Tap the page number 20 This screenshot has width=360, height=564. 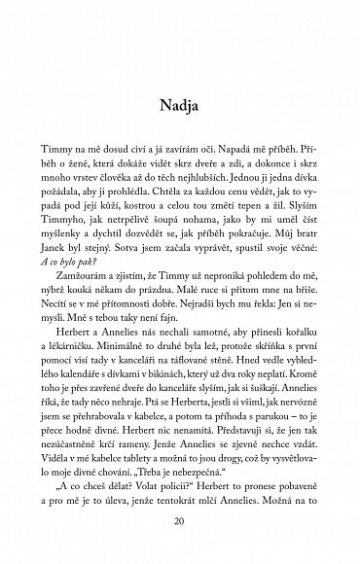(179, 522)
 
